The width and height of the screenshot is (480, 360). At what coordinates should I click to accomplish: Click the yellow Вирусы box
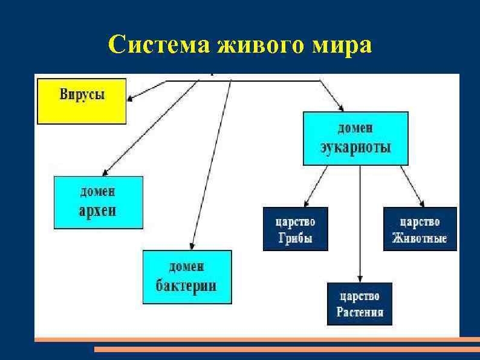(x=82, y=101)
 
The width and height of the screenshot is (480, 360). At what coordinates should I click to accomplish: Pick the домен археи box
(x=99, y=202)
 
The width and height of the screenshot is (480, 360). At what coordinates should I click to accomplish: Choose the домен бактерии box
(x=187, y=277)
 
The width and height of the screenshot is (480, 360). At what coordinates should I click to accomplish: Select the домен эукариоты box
(x=355, y=138)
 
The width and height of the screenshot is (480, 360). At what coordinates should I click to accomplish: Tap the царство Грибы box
(x=296, y=229)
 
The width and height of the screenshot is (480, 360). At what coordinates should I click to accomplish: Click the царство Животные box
(x=420, y=229)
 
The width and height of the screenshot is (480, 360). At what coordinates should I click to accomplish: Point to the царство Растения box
(x=360, y=304)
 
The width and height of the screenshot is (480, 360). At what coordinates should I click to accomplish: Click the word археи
(x=98, y=211)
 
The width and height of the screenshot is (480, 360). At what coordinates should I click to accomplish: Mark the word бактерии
(x=186, y=286)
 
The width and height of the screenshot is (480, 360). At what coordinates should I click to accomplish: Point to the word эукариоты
(x=355, y=147)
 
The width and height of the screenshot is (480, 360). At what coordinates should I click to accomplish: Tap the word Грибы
(x=296, y=238)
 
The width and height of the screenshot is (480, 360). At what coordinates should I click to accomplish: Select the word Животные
(x=420, y=238)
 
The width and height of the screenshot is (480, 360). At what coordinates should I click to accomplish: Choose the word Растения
(x=360, y=312)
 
